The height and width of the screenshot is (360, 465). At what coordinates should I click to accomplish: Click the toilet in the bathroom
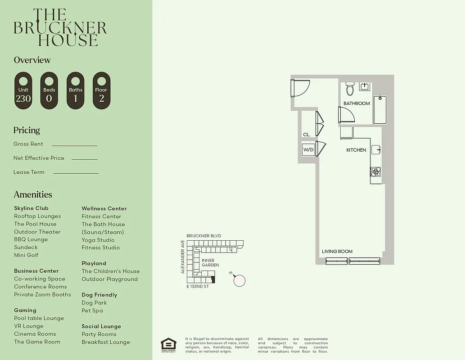(350, 89)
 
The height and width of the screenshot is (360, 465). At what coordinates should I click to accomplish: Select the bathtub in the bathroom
(380, 110)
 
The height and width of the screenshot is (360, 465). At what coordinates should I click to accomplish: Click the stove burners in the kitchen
(375, 171)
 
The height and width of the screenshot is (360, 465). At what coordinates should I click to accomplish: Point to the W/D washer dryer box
(308, 149)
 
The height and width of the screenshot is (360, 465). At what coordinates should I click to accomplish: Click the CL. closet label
(307, 135)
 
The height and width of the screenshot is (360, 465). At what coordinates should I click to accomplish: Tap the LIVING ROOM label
(337, 252)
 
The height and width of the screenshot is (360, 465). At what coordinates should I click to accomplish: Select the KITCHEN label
(356, 150)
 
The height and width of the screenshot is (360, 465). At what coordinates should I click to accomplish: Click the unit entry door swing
(300, 88)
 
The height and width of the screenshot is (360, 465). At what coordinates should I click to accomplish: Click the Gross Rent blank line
(74, 145)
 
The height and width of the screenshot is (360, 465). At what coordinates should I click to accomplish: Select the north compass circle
(239, 280)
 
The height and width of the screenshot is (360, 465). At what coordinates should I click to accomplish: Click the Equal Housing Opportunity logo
(168, 345)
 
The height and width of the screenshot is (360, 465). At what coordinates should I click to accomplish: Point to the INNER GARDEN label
(210, 263)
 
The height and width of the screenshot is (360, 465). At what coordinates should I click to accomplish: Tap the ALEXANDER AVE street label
(183, 256)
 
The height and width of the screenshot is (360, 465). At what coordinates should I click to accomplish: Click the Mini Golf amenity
(26, 255)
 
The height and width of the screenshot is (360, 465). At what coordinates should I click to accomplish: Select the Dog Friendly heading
(99, 295)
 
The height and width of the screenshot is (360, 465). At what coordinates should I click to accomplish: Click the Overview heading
(32, 60)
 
